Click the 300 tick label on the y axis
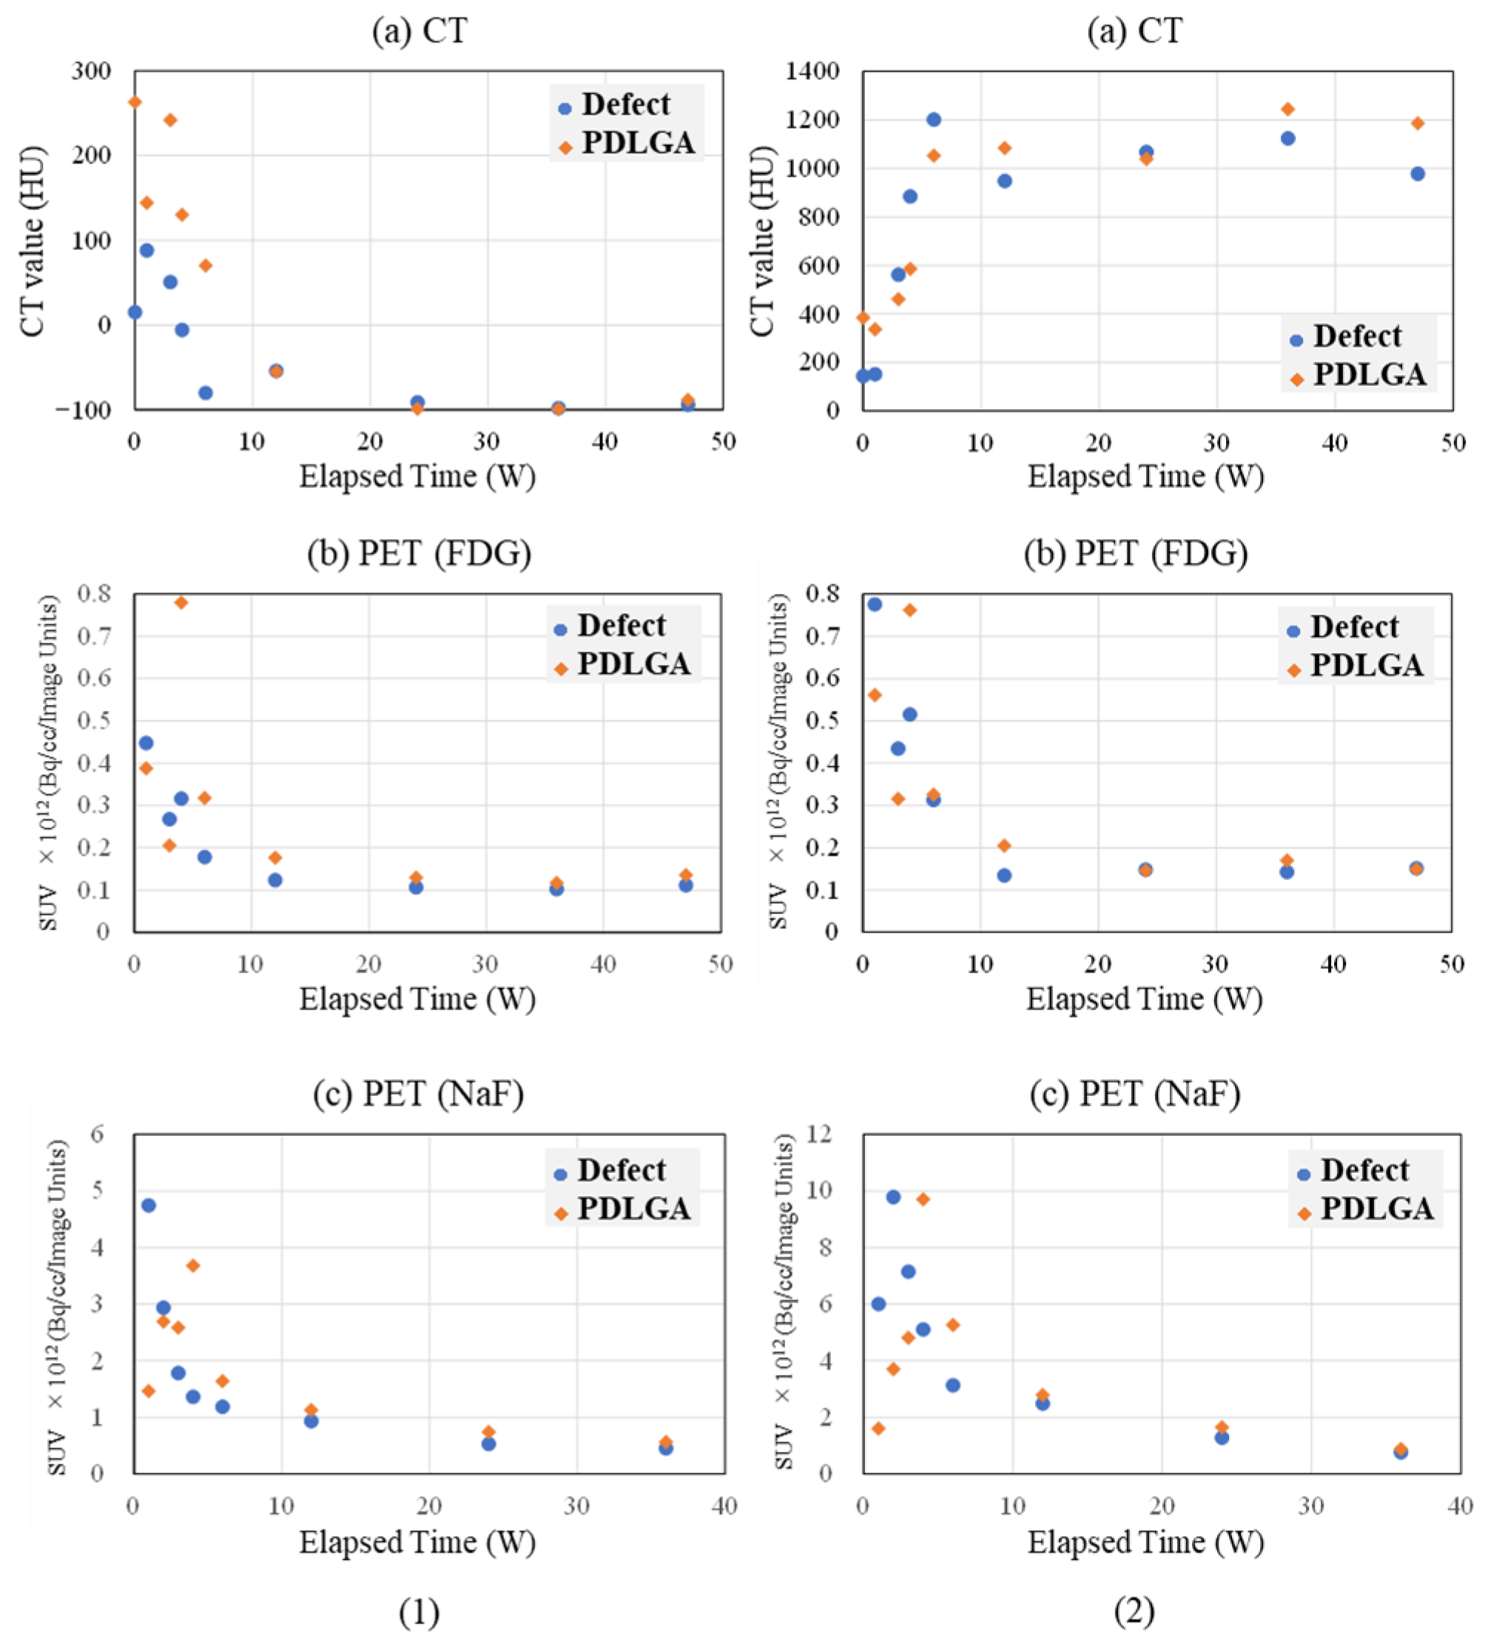click(91, 71)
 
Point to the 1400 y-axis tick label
click(812, 71)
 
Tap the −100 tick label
click(84, 410)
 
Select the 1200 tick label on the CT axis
click(812, 120)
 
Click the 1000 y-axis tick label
click(812, 169)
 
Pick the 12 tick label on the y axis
click(818, 1133)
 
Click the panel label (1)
click(419, 1612)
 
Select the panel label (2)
click(1134, 1612)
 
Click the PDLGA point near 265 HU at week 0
click(135, 102)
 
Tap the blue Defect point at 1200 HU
click(933, 119)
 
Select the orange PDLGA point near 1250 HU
click(1287, 109)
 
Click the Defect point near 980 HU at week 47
click(1418, 173)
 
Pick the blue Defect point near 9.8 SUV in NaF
click(893, 1197)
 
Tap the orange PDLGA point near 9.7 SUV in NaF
click(922, 1199)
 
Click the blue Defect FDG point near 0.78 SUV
click(874, 604)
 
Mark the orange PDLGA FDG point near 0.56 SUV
click(874, 694)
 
